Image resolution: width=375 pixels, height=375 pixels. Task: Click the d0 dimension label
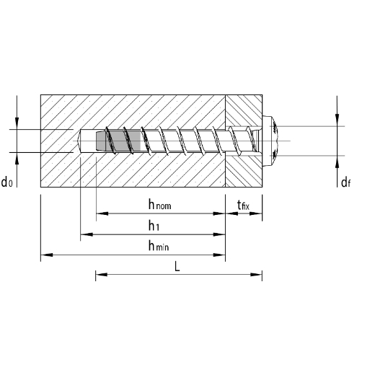pos(6,182)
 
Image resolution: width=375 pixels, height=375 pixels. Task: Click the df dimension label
pos(345,182)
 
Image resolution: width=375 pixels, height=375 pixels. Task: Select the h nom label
pos(159,205)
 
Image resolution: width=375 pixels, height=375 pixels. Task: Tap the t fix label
pos(243,206)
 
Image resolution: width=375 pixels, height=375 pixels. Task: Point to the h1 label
pos(154,226)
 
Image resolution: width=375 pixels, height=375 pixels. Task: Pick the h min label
pos(159,246)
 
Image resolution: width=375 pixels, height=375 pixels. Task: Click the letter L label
pos(177,266)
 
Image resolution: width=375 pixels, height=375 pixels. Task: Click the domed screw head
pos(270,141)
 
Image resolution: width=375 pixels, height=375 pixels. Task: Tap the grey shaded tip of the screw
pos(118,141)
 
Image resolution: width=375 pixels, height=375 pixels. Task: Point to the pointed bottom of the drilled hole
pos(79,141)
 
